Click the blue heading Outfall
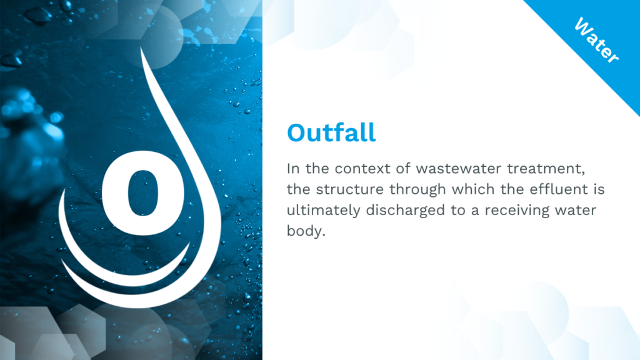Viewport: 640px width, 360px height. (x=331, y=132)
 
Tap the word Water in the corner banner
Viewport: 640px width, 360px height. (x=596, y=40)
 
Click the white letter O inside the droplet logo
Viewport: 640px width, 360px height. (x=142, y=193)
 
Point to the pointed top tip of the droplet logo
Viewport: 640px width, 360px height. (x=141, y=47)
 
